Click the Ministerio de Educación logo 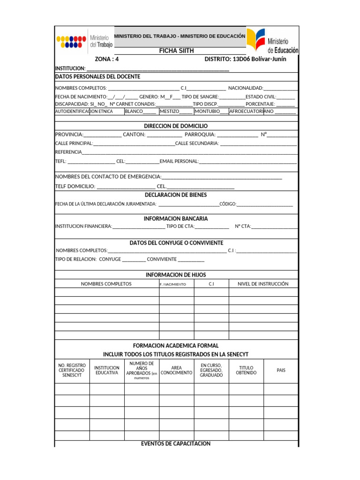coord(272,41)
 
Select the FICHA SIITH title coord(176,51)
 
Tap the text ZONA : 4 coord(107,60)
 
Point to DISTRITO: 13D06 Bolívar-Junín coord(245,60)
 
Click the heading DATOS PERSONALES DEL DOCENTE coord(97,76)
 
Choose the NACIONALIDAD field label coord(246,88)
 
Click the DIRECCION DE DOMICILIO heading coord(176,126)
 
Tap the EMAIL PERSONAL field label coord(179,161)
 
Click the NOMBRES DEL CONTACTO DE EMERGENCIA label coord(108,177)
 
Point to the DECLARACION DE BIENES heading coord(176,195)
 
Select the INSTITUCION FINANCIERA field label coord(83,226)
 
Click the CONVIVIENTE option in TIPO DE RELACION coord(162,259)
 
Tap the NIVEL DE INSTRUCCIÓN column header coord(263,284)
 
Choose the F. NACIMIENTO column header coord(173,284)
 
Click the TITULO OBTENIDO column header coord(246,370)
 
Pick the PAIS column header coord(281,370)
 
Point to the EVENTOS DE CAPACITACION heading coord(176,443)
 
